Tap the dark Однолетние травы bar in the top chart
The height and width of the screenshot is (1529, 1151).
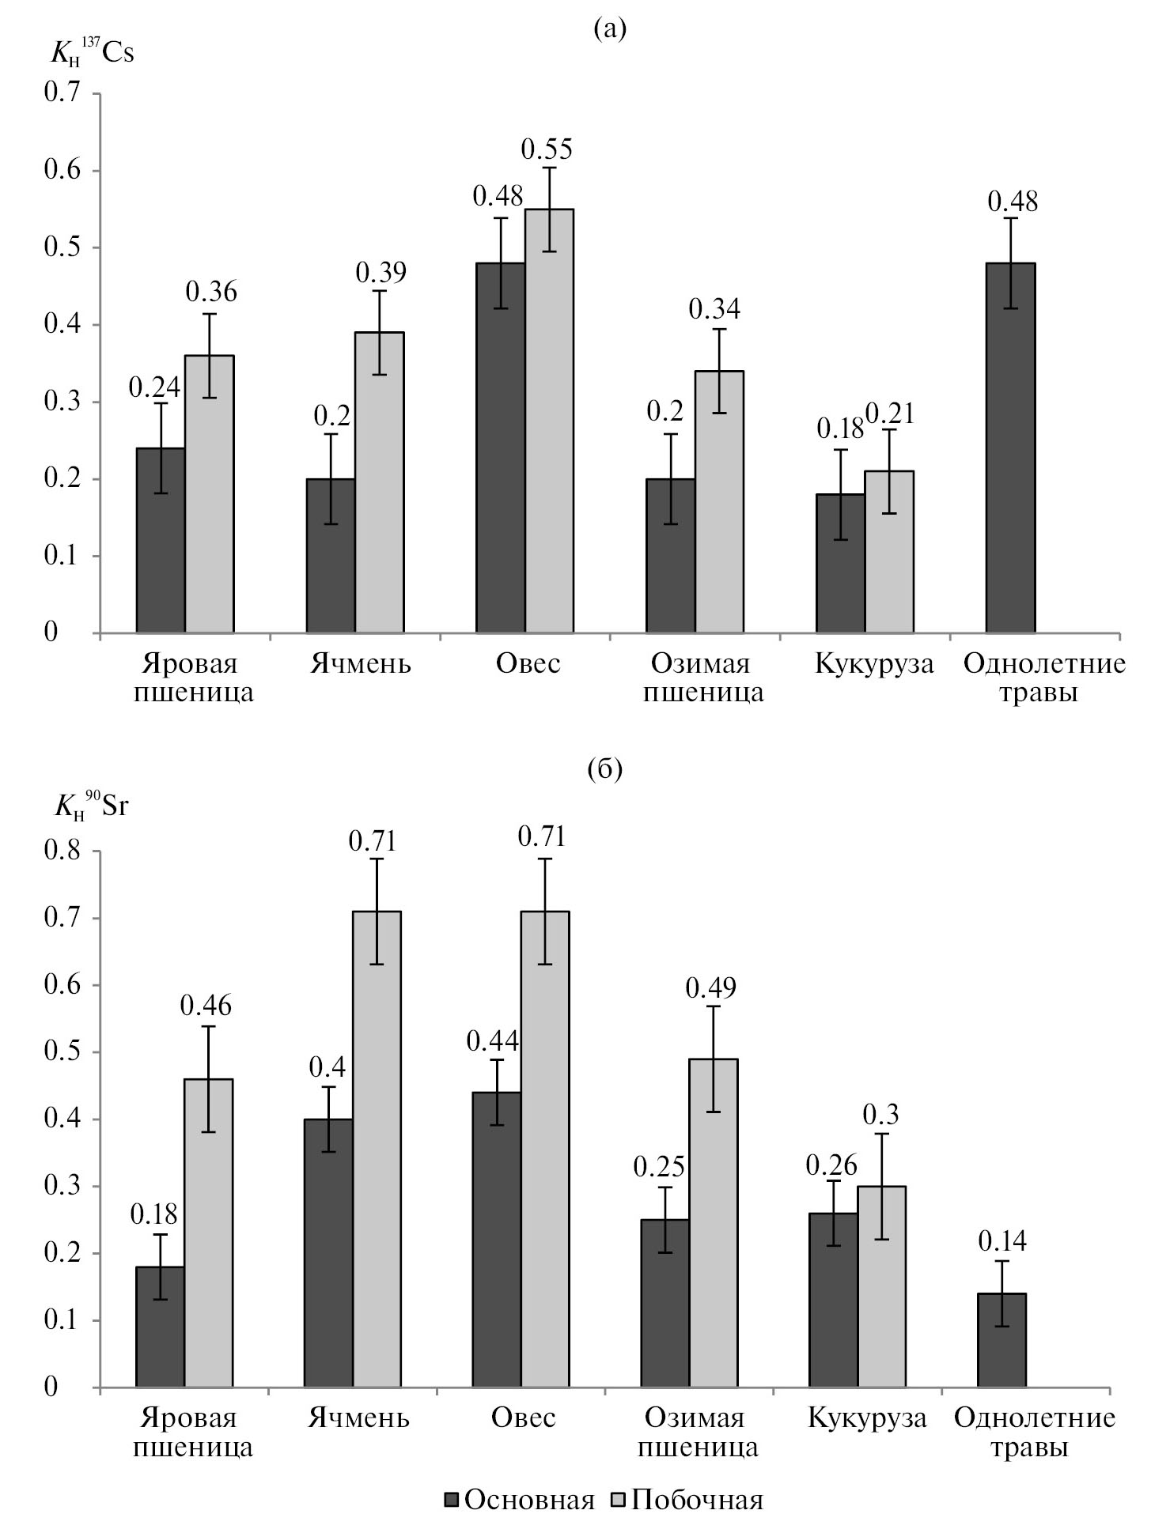[x=1011, y=447]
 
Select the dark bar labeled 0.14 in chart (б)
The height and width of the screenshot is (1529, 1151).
[x=1001, y=1340]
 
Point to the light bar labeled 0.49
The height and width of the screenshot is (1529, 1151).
[x=713, y=1222]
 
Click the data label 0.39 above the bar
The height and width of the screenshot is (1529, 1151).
[x=381, y=273]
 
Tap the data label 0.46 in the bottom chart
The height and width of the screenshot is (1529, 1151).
[x=206, y=1006]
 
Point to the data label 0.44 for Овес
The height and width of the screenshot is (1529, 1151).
[x=493, y=1041]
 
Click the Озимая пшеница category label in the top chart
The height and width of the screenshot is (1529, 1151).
[x=703, y=678]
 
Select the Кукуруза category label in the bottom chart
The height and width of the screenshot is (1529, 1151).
[x=867, y=1418]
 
